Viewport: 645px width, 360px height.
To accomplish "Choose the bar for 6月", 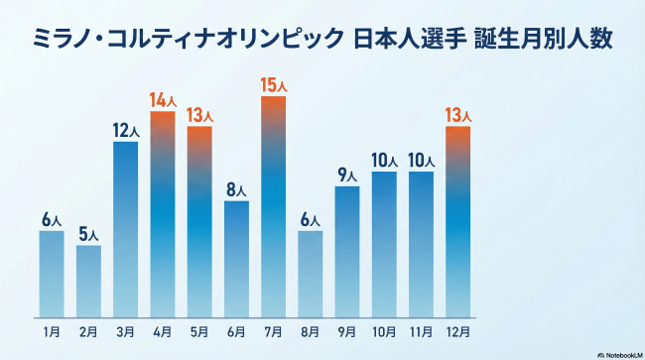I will click(x=236, y=257).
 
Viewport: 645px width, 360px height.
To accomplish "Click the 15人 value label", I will click(x=273, y=86).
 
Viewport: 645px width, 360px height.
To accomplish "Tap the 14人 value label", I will click(x=163, y=99).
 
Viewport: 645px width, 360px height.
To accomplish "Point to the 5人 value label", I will click(x=88, y=235).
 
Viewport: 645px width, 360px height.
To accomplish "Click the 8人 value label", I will click(x=236, y=190).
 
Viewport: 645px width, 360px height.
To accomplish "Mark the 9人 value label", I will click(x=347, y=176).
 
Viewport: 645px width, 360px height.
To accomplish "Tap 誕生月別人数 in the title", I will click(x=542, y=41).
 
